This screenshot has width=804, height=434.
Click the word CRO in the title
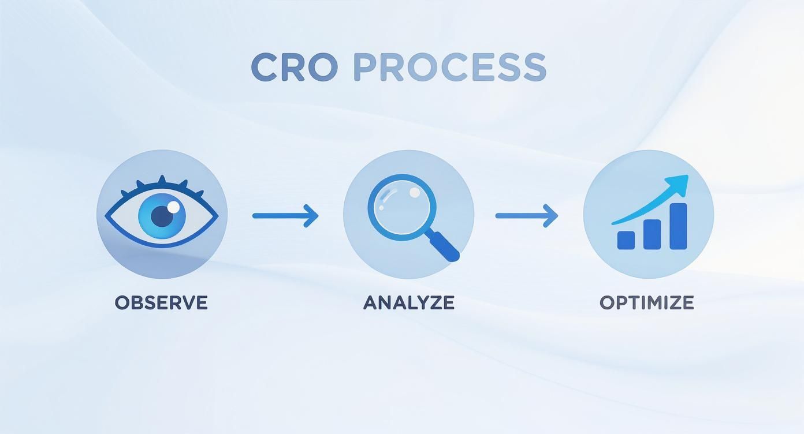click(294, 67)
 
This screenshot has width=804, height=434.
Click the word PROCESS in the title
click(449, 67)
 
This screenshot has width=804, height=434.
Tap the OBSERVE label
click(161, 302)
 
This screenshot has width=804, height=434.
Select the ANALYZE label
click(408, 302)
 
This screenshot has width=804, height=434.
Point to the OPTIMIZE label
click(646, 302)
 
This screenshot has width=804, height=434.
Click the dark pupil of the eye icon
click(162, 216)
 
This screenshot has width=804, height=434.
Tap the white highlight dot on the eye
click(173, 206)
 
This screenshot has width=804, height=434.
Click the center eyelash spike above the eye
click(162, 181)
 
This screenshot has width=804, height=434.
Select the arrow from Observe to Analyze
click(285, 216)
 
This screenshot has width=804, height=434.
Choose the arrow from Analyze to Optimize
click(526, 216)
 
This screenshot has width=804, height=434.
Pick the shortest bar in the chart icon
click(626, 240)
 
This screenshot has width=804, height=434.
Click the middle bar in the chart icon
click(652, 234)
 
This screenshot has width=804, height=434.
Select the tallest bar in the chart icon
click(678, 226)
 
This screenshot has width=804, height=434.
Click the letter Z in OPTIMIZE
click(673, 302)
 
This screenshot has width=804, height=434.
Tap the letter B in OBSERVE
click(137, 302)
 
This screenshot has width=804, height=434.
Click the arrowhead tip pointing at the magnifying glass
click(317, 216)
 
